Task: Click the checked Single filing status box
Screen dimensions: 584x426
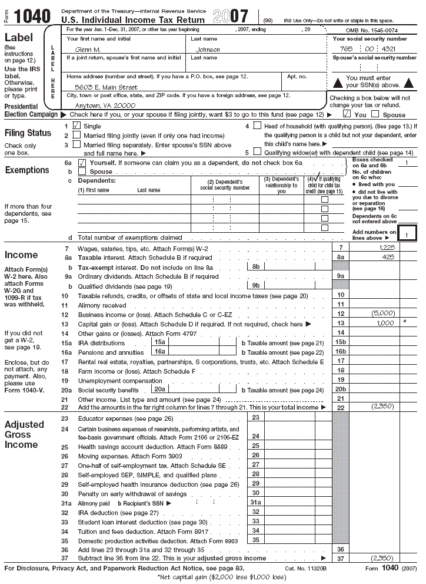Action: [x=76, y=126]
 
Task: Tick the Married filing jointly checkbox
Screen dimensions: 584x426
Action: [x=76, y=136]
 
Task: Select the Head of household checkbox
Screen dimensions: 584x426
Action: [x=257, y=126]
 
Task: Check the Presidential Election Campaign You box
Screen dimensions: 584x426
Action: [x=347, y=114]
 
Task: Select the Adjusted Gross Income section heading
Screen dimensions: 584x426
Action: [x=24, y=434]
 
